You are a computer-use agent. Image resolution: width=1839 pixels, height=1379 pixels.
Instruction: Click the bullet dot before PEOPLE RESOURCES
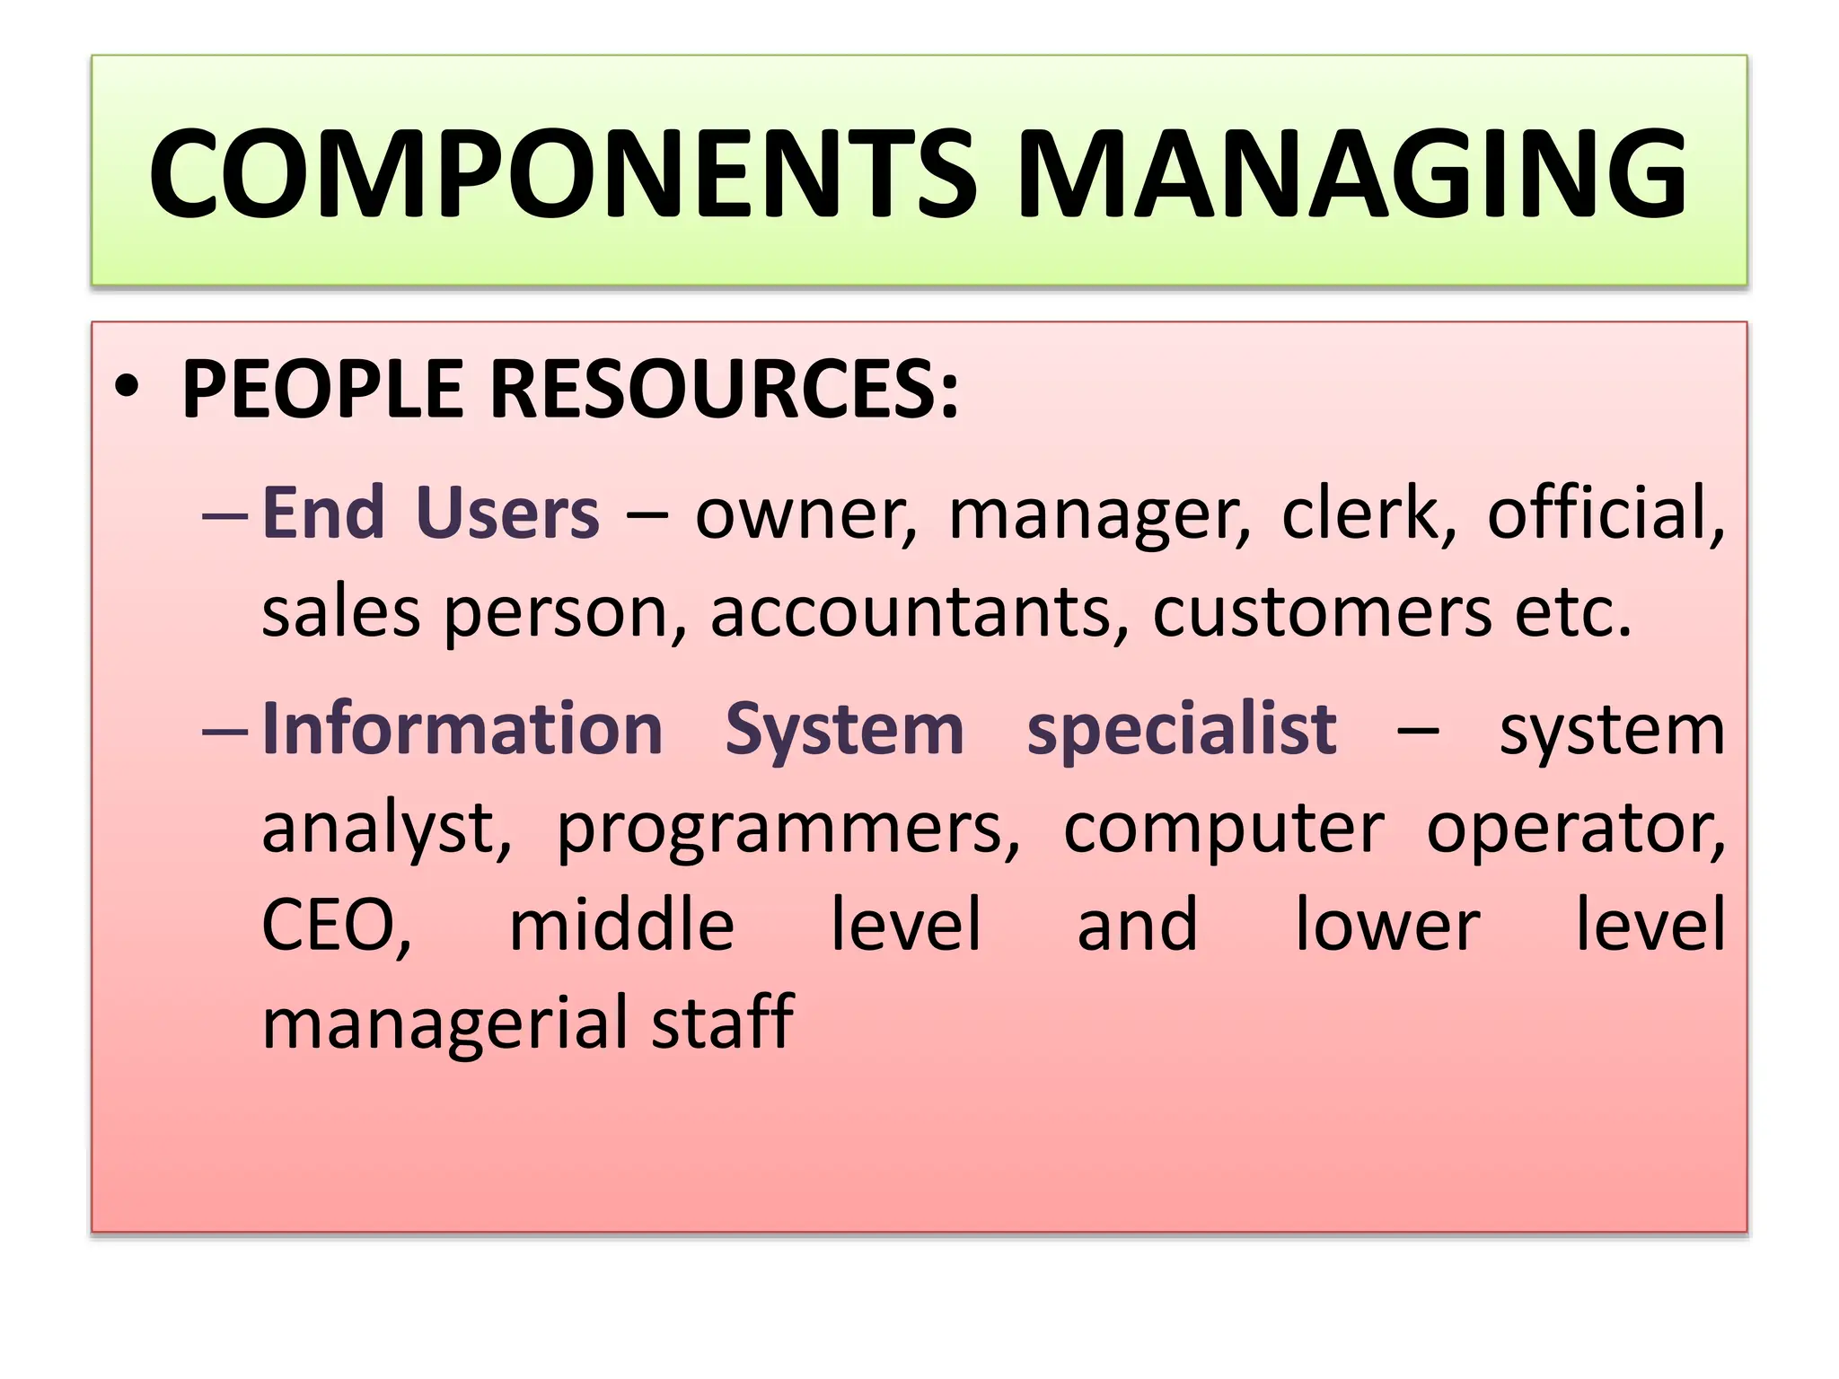click(x=128, y=388)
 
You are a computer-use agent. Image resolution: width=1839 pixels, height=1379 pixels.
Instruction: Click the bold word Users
click(x=507, y=513)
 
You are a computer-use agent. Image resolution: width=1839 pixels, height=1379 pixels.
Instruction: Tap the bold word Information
click(x=462, y=728)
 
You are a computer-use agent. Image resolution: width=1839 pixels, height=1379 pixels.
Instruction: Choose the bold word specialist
click(x=1182, y=728)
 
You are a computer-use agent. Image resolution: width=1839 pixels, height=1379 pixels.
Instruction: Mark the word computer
click(x=1224, y=829)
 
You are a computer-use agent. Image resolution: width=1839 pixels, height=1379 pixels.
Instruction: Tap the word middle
click(x=621, y=924)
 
